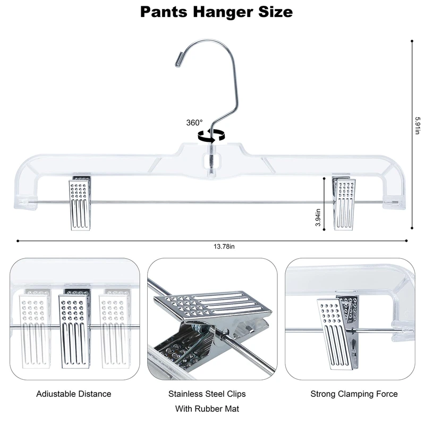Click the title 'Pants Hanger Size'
216,12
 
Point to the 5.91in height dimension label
418,125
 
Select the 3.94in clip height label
318,217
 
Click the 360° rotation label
194,122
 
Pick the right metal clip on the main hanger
344,205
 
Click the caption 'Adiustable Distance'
74,394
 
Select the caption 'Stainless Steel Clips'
207,394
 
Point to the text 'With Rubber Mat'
207,409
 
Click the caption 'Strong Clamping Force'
354,394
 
